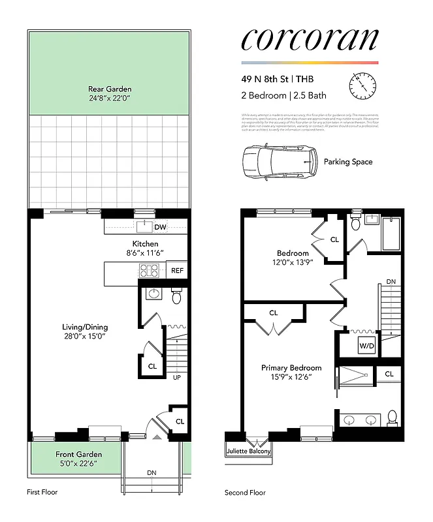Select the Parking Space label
point(348,161)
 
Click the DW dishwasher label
point(160,226)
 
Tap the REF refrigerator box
point(177,270)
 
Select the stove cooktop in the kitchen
point(149,271)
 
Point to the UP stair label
point(176,377)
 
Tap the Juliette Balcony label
point(248,451)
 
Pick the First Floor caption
point(42,492)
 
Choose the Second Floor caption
point(245,493)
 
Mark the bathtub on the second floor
point(391,237)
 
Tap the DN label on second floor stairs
point(390,282)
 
